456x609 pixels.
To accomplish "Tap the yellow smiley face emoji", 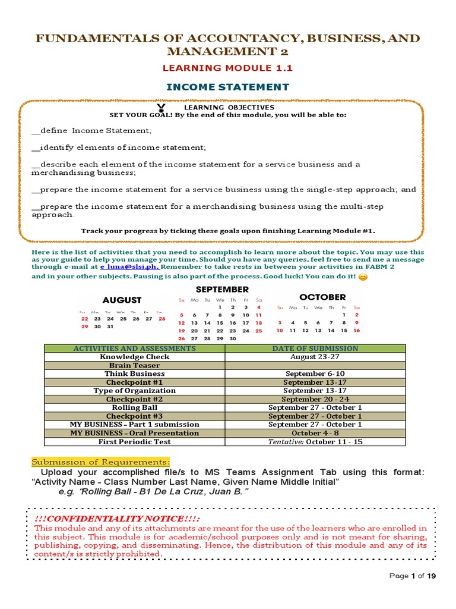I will [363, 277].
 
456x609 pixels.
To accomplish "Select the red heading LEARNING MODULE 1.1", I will [228, 68].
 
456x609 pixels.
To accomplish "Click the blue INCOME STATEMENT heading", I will [228, 87].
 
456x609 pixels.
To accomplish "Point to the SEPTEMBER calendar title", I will [221, 290].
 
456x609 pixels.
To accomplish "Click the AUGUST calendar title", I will [122, 300].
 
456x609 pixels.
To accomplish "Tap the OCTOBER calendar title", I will [322, 297].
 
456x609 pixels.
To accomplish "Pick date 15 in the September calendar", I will [220, 323].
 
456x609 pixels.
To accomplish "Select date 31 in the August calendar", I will [110, 327].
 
